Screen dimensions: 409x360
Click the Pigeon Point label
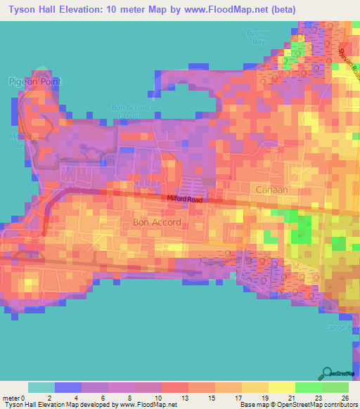click(x=35, y=82)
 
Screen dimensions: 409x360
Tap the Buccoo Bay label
click(x=259, y=37)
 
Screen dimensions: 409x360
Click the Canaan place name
click(x=271, y=190)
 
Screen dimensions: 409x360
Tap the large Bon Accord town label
click(x=157, y=222)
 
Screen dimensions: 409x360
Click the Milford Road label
click(x=184, y=199)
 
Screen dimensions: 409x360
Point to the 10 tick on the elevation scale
click(x=148, y=398)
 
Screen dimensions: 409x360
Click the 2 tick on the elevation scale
click(x=49, y=398)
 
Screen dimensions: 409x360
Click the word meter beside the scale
click(x=12, y=398)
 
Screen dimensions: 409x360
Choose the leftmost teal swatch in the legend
click(x=41, y=387)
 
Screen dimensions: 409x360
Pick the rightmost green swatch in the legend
click(x=335, y=387)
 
